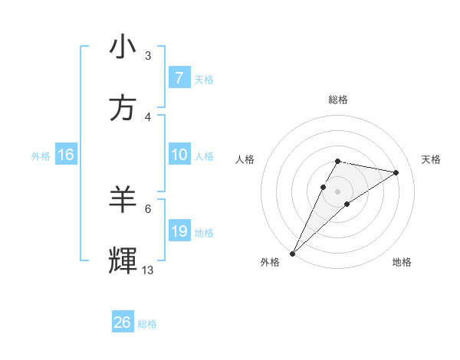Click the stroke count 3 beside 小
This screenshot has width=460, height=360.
(x=148, y=55)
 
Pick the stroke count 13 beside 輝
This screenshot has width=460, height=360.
(x=148, y=270)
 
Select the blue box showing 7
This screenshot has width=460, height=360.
(x=179, y=78)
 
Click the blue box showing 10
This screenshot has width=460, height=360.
(x=179, y=155)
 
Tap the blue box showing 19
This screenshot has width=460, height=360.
(x=179, y=231)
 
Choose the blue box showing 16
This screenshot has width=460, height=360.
(x=65, y=155)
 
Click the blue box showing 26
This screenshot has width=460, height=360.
(x=123, y=322)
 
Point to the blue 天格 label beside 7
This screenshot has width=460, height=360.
(x=203, y=80)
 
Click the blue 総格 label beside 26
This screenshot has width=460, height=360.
(x=147, y=324)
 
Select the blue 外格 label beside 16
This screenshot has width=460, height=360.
(x=41, y=156)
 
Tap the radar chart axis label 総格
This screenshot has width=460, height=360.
(x=338, y=100)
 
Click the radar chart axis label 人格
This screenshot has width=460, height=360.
(x=245, y=159)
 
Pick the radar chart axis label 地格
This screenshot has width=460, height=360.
(x=402, y=262)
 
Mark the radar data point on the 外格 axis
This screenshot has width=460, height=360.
(x=292, y=253)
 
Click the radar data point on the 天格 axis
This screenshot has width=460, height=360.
(x=396, y=172)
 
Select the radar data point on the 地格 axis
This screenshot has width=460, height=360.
(x=347, y=204)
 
